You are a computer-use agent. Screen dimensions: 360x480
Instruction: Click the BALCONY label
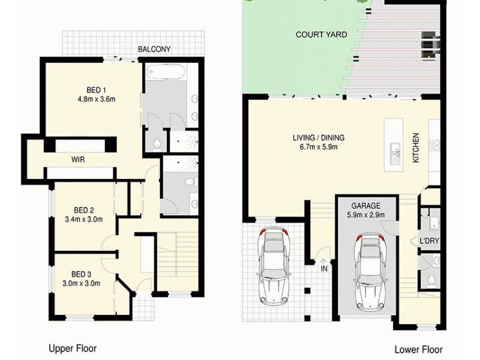click(x=154, y=49)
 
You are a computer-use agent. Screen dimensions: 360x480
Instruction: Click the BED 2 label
click(x=84, y=210)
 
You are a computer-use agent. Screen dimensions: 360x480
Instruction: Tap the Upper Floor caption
click(x=72, y=348)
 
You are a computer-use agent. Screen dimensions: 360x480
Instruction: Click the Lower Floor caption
click(x=418, y=349)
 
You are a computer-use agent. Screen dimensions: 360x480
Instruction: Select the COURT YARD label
click(x=321, y=35)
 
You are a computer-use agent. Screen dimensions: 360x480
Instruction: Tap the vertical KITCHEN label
click(x=415, y=149)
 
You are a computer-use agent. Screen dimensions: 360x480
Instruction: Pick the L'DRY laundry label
click(x=428, y=241)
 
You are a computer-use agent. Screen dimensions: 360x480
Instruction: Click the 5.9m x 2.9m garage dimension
click(x=365, y=214)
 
